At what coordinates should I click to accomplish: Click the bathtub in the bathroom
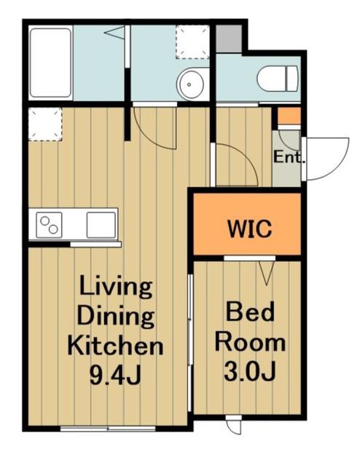(x=51, y=63)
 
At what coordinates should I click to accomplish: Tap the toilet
(x=278, y=79)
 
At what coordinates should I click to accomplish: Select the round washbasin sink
(x=190, y=84)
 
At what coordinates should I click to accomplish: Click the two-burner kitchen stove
(x=49, y=225)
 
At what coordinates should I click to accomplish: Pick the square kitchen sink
(x=101, y=225)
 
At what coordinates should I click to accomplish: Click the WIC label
(x=250, y=229)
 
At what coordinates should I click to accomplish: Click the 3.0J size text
(x=249, y=371)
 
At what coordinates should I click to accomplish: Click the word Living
(x=116, y=286)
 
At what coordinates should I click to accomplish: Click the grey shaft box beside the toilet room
(x=229, y=39)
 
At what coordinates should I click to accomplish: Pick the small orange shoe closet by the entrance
(x=289, y=116)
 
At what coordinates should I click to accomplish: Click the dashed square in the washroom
(x=192, y=42)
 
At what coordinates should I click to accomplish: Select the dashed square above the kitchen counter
(x=45, y=125)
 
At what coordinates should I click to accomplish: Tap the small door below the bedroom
(x=233, y=425)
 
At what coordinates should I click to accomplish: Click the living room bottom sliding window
(x=108, y=429)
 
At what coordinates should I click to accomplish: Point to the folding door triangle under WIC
(x=266, y=272)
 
